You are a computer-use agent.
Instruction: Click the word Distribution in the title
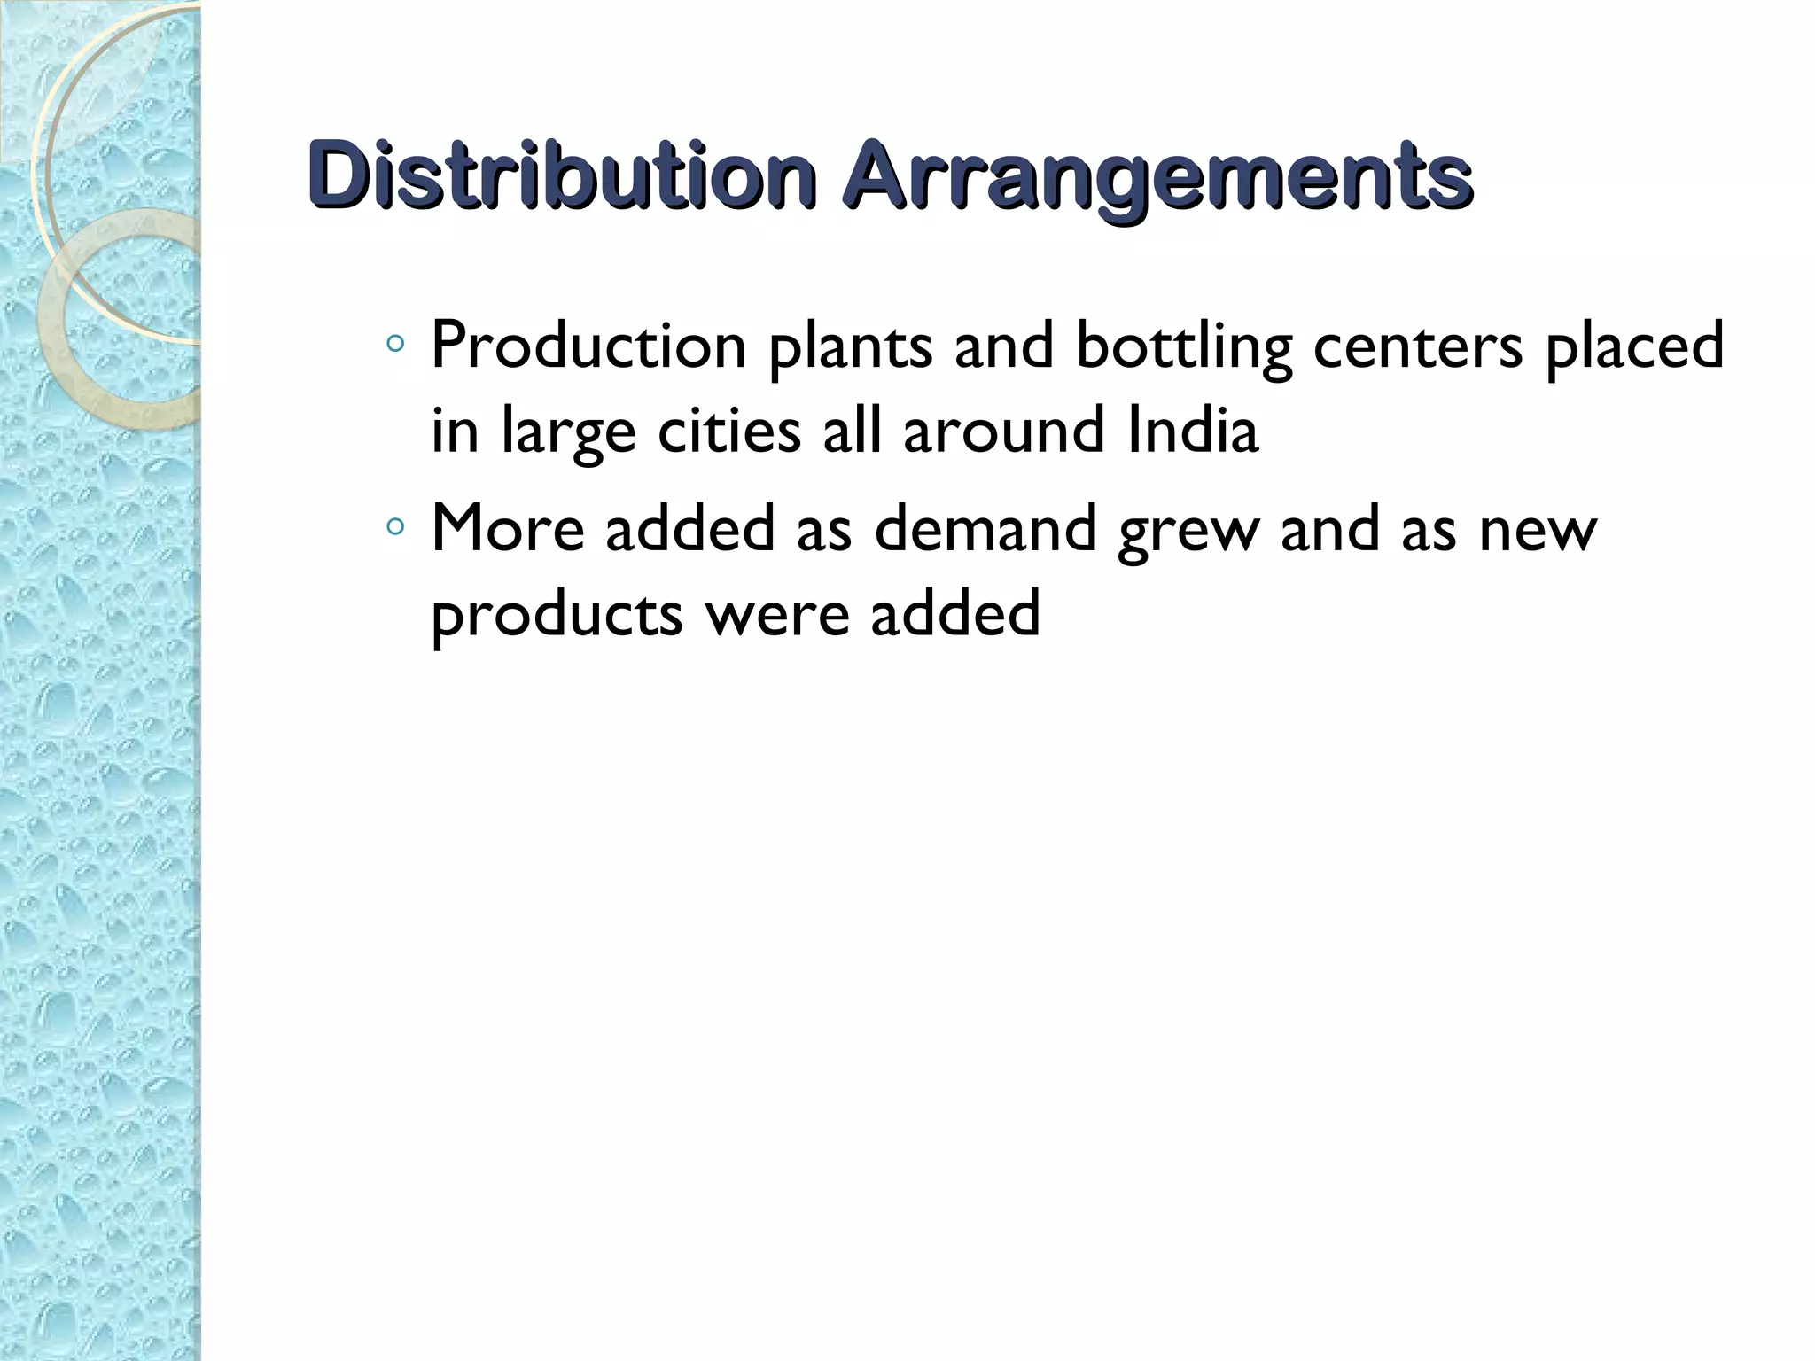(x=562, y=175)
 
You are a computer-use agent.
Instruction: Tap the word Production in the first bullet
(x=588, y=346)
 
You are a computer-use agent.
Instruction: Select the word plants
(x=850, y=347)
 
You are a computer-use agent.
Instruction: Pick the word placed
(x=1634, y=347)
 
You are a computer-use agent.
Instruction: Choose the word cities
(x=728, y=431)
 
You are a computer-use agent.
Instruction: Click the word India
(x=1193, y=431)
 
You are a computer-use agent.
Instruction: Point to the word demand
(x=985, y=528)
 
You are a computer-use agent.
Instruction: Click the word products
(x=557, y=615)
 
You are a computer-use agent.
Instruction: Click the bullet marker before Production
(x=395, y=343)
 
